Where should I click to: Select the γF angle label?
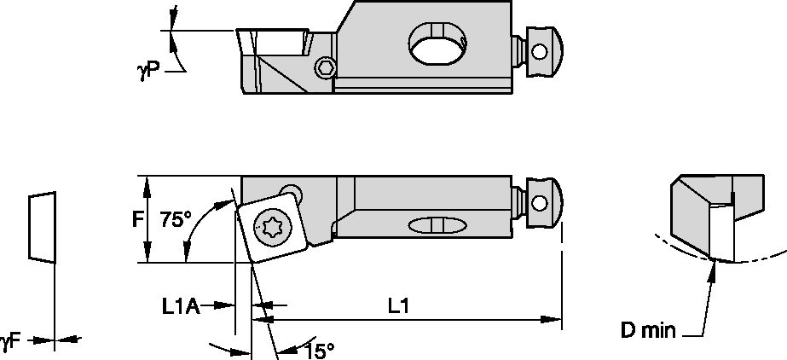(x=10, y=340)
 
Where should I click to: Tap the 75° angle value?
(x=176, y=220)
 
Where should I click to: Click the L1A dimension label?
(x=181, y=305)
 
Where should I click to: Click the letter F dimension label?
(x=137, y=220)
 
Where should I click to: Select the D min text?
(x=648, y=331)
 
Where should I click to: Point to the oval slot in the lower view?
(x=437, y=225)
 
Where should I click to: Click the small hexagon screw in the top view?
(x=325, y=68)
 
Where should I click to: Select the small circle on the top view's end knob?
(x=538, y=51)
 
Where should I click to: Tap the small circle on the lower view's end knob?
(x=539, y=203)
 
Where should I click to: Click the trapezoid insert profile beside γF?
(x=42, y=226)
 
